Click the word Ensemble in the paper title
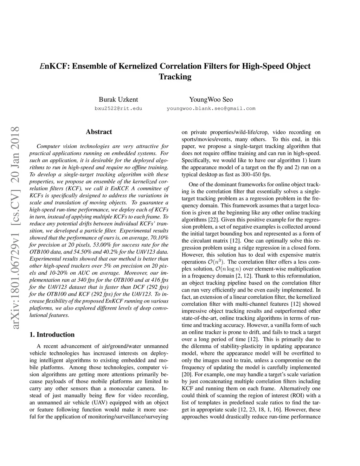click(x=90, y=66)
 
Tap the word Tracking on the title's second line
click(x=175, y=77)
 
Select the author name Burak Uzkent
click(x=118, y=100)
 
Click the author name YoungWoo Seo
click(x=211, y=100)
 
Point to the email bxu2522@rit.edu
click(x=118, y=108)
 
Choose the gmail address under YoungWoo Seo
click(x=211, y=108)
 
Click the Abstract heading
click(x=99, y=132)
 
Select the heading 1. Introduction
click(x=52, y=334)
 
